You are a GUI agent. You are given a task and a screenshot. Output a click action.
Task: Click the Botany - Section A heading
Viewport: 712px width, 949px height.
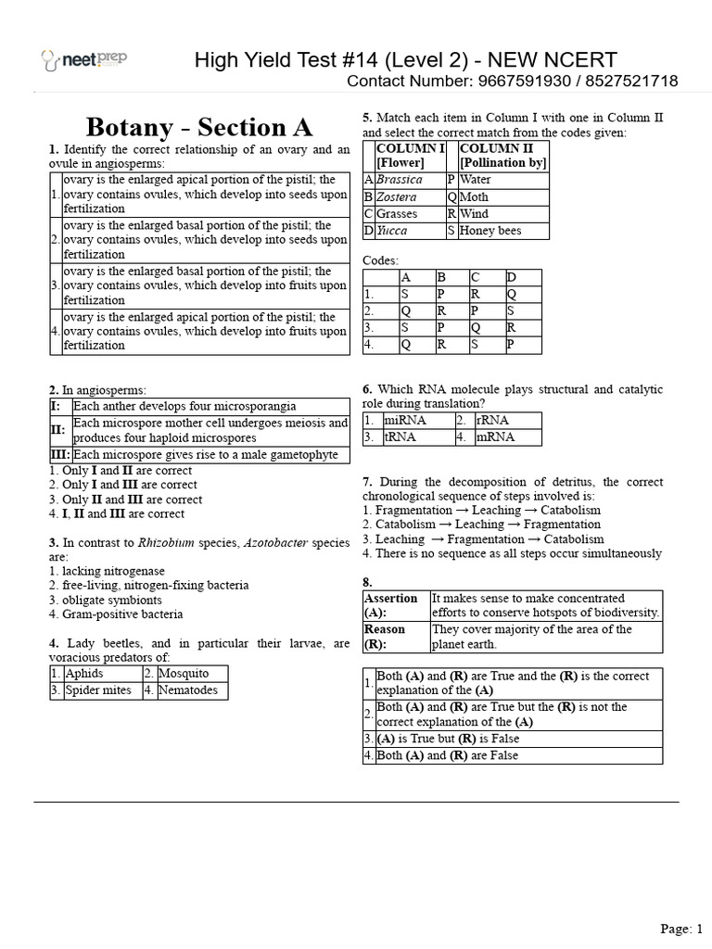(x=199, y=126)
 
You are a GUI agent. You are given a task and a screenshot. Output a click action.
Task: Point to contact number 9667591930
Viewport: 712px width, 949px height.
(x=528, y=82)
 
